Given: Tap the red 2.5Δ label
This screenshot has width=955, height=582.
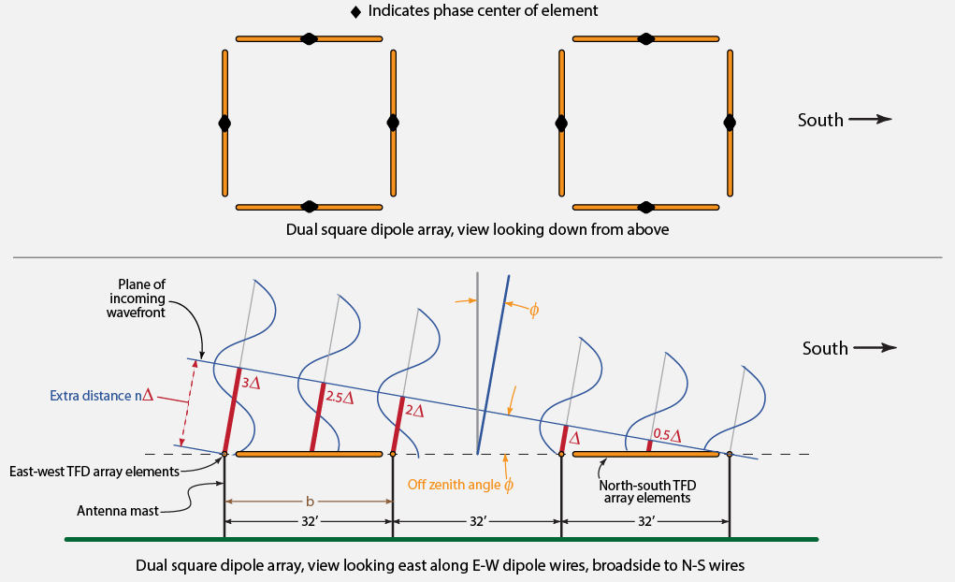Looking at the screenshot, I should click(340, 397).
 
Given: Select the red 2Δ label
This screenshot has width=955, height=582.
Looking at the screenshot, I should click(414, 411).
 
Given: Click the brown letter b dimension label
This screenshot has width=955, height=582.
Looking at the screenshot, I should click(310, 501).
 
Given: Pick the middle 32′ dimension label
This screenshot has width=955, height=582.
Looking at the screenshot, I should click(477, 521).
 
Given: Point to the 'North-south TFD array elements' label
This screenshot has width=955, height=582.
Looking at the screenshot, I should click(646, 491).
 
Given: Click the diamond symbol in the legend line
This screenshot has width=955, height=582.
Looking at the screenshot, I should click(355, 12).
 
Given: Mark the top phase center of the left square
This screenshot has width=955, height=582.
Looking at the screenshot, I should click(309, 38).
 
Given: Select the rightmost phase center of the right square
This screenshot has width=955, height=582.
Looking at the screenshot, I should click(730, 123).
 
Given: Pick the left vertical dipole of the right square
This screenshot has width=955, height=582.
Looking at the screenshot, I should click(561, 123).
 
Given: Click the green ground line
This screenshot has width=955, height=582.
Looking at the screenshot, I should click(440, 539).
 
